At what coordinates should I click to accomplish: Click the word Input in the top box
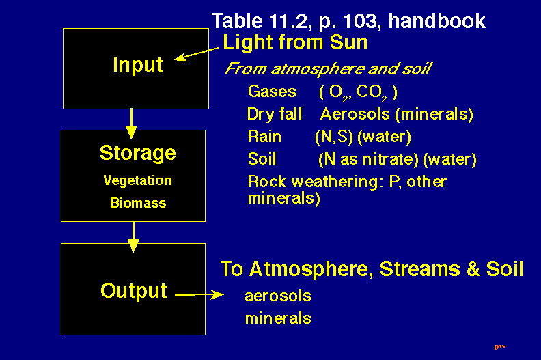click(x=138, y=64)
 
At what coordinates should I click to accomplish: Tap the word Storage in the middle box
click(x=138, y=153)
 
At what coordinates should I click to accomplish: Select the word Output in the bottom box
click(x=134, y=290)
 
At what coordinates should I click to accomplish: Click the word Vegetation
click(x=138, y=180)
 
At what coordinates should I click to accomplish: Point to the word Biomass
click(x=138, y=203)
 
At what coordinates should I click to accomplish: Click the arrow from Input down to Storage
click(x=131, y=124)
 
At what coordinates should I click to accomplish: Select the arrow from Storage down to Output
click(x=133, y=237)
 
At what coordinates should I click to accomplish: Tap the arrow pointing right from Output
click(x=199, y=294)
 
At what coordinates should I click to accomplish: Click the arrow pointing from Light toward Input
click(x=196, y=54)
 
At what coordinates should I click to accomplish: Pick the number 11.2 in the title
click(x=288, y=21)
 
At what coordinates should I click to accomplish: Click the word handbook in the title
click(x=436, y=20)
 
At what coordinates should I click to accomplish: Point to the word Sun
click(x=348, y=42)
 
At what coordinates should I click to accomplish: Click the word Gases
click(x=272, y=92)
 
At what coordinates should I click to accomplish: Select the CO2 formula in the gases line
click(x=372, y=93)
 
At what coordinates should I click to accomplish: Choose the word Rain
click(x=264, y=137)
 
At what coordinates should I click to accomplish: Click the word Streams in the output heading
click(x=420, y=269)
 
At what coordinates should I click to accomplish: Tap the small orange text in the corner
click(x=500, y=346)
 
